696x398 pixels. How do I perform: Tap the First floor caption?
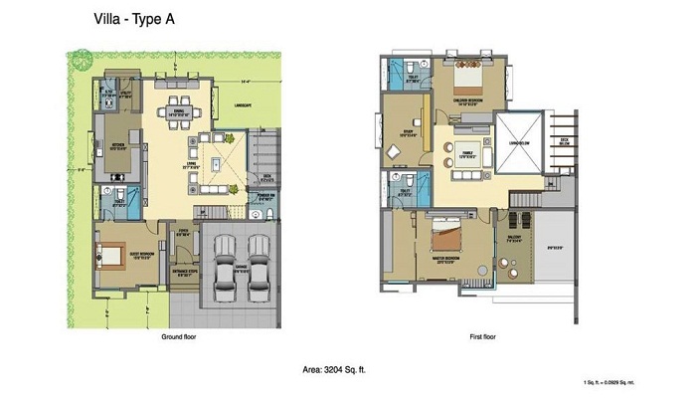click(483, 337)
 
